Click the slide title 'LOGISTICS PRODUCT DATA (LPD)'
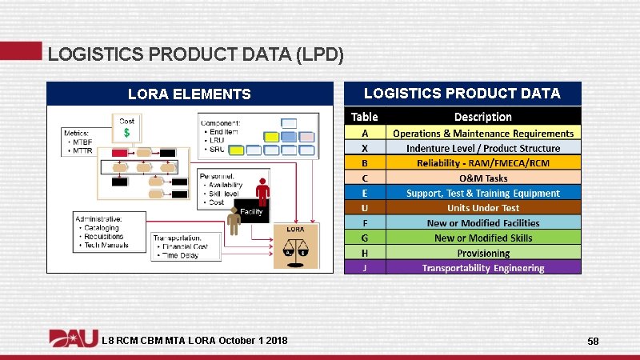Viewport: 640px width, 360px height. tap(196, 54)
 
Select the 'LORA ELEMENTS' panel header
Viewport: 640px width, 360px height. tap(190, 94)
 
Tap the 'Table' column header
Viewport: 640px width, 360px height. tap(365, 116)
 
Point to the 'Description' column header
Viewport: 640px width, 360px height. tap(482, 116)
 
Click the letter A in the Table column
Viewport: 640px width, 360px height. tap(365, 133)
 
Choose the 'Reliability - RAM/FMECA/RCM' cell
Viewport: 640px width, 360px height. tap(482, 163)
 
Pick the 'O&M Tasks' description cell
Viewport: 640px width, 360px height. tap(482, 178)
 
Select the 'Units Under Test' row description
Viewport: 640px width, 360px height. tap(482, 208)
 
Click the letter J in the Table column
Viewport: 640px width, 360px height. tap(365, 268)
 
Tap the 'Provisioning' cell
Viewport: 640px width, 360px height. tap(482, 253)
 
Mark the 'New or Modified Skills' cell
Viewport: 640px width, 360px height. tap(482, 238)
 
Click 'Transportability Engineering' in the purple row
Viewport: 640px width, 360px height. tap(482, 268)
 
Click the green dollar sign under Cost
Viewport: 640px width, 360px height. tap(126, 133)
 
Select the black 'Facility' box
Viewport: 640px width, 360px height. tap(252, 211)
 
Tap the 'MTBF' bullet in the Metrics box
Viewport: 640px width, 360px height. tap(82, 142)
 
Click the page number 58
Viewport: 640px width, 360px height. tap(593, 342)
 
